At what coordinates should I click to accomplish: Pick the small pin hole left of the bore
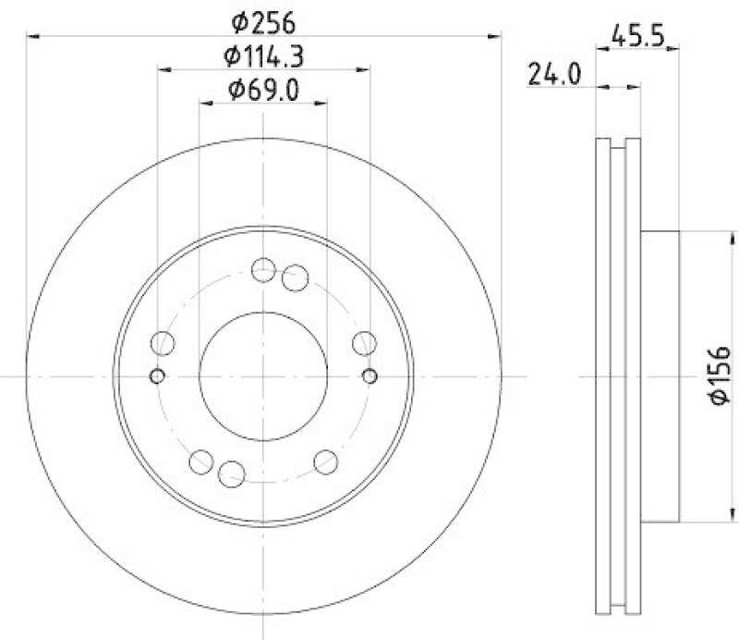[156, 375]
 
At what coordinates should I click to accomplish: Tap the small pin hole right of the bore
[370, 375]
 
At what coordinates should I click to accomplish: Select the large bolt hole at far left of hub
[164, 344]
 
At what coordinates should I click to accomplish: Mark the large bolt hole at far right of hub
[364, 344]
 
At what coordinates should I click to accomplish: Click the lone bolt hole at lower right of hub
[326, 461]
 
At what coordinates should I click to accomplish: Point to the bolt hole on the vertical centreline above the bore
[263, 269]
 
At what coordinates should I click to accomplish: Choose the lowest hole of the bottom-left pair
[232, 475]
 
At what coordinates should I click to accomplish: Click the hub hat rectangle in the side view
[660, 375]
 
